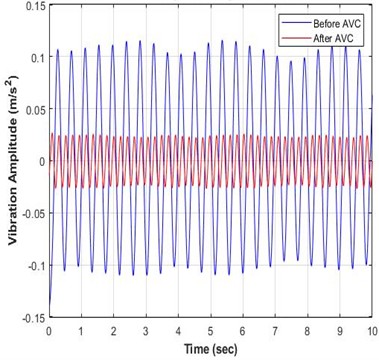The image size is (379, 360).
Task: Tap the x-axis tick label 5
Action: pos(209,330)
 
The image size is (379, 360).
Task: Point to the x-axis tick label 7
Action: pos(274,330)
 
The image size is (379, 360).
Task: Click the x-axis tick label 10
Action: pos(369,330)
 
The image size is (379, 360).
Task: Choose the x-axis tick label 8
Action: pos(306,330)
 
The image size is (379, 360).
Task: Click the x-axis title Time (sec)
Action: pos(209,347)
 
